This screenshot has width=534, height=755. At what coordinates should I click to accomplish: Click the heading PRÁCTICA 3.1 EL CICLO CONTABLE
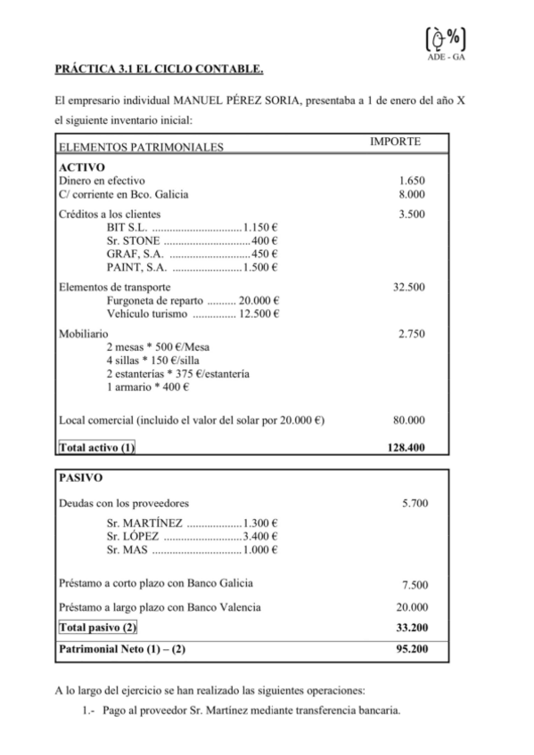160,69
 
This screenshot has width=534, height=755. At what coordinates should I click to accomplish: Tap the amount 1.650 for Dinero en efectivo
412,180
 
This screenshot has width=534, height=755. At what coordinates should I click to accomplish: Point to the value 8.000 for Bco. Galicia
412,194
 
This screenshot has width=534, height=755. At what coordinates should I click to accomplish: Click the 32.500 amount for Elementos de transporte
408,287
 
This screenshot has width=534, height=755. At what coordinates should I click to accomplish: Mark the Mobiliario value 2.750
412,333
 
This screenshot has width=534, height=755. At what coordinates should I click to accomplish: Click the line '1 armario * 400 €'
147,386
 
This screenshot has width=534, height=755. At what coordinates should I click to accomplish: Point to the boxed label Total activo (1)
96,447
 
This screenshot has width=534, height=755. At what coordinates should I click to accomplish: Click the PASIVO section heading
80,477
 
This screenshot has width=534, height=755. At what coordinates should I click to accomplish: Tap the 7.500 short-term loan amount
415,585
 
